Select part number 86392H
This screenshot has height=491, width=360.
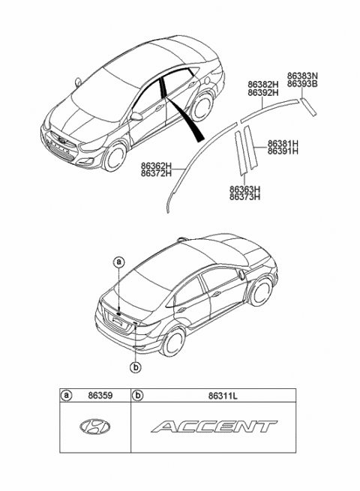(263, 94)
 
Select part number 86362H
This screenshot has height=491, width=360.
(156, 165)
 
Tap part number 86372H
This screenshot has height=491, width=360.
(156, 173)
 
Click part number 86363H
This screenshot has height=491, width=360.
(244, 190)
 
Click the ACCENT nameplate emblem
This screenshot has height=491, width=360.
(213, 428)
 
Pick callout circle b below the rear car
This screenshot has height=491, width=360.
(136, 367)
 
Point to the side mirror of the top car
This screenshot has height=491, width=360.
(136, 117)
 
